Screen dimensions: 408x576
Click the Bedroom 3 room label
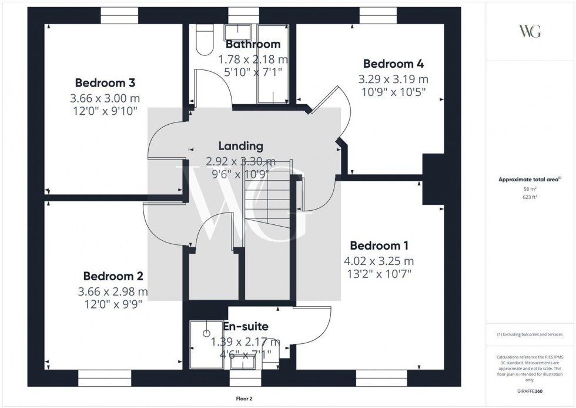[101, 83]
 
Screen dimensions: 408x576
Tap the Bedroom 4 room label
[393, 64]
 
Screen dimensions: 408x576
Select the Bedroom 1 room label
[379, 246]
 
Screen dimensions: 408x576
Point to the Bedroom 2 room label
[113, 276]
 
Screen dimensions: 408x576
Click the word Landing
[240, 146]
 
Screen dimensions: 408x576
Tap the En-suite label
[246, 326]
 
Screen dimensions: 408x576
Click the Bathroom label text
[253, 44]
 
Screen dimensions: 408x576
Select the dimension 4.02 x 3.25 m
[379, 261]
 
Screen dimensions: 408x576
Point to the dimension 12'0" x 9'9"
[113, 304]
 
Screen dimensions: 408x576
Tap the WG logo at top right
[530, 31]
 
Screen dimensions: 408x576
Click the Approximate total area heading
[530, 180]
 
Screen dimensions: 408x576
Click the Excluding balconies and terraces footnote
[530, 334]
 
